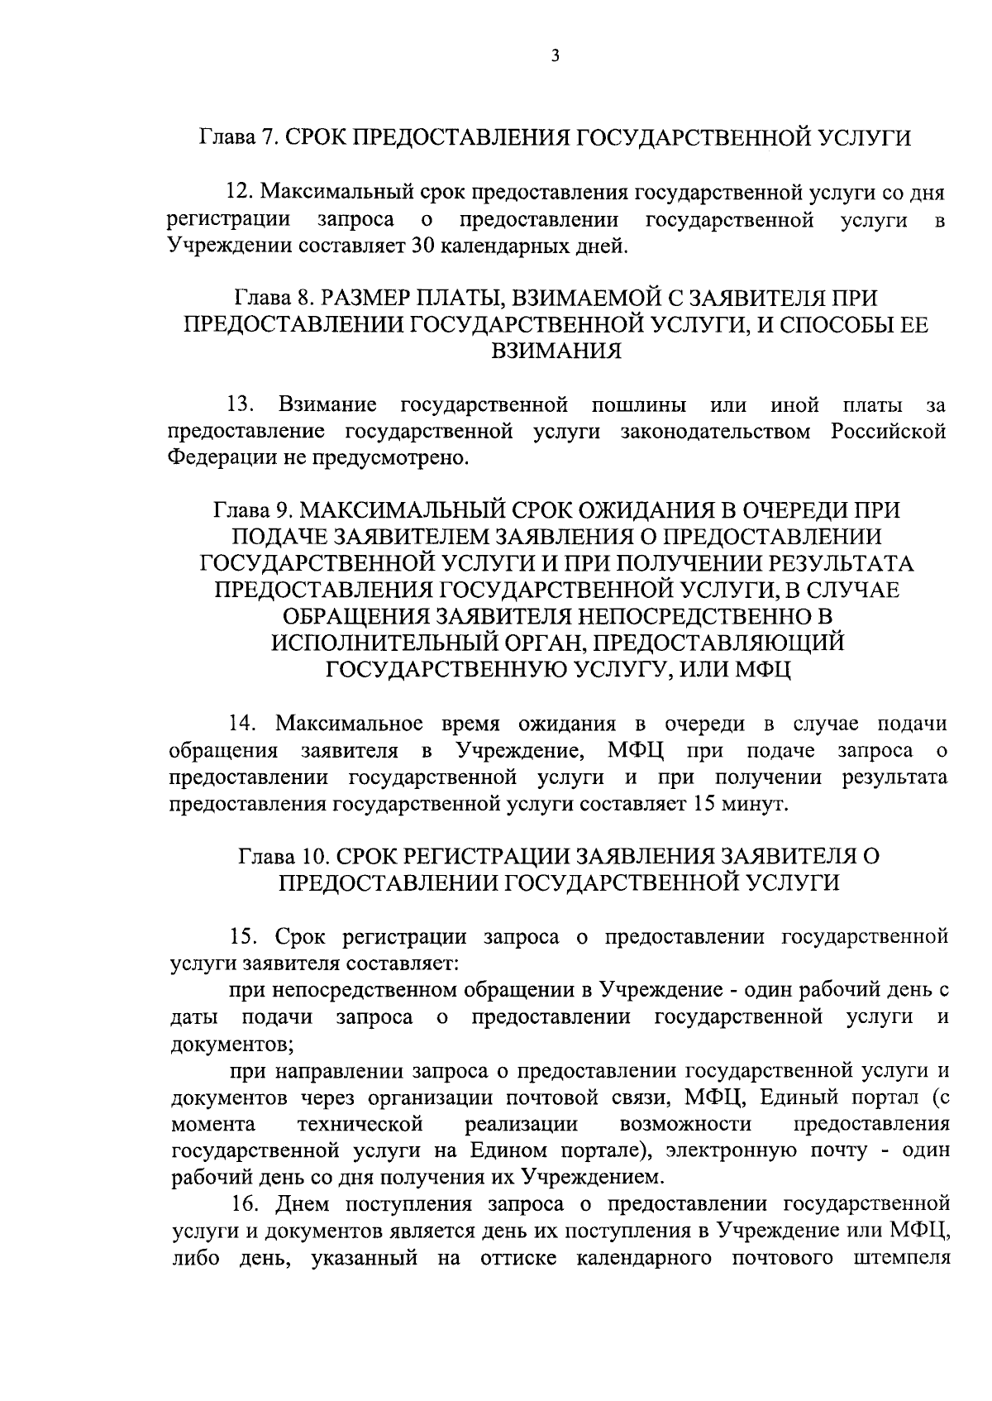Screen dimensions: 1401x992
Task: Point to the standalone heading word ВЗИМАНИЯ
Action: [x=556, y=351]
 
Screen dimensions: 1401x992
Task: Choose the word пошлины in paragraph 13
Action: [x=638, y=405]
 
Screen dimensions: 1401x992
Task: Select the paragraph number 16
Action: [x=246, y=1203]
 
